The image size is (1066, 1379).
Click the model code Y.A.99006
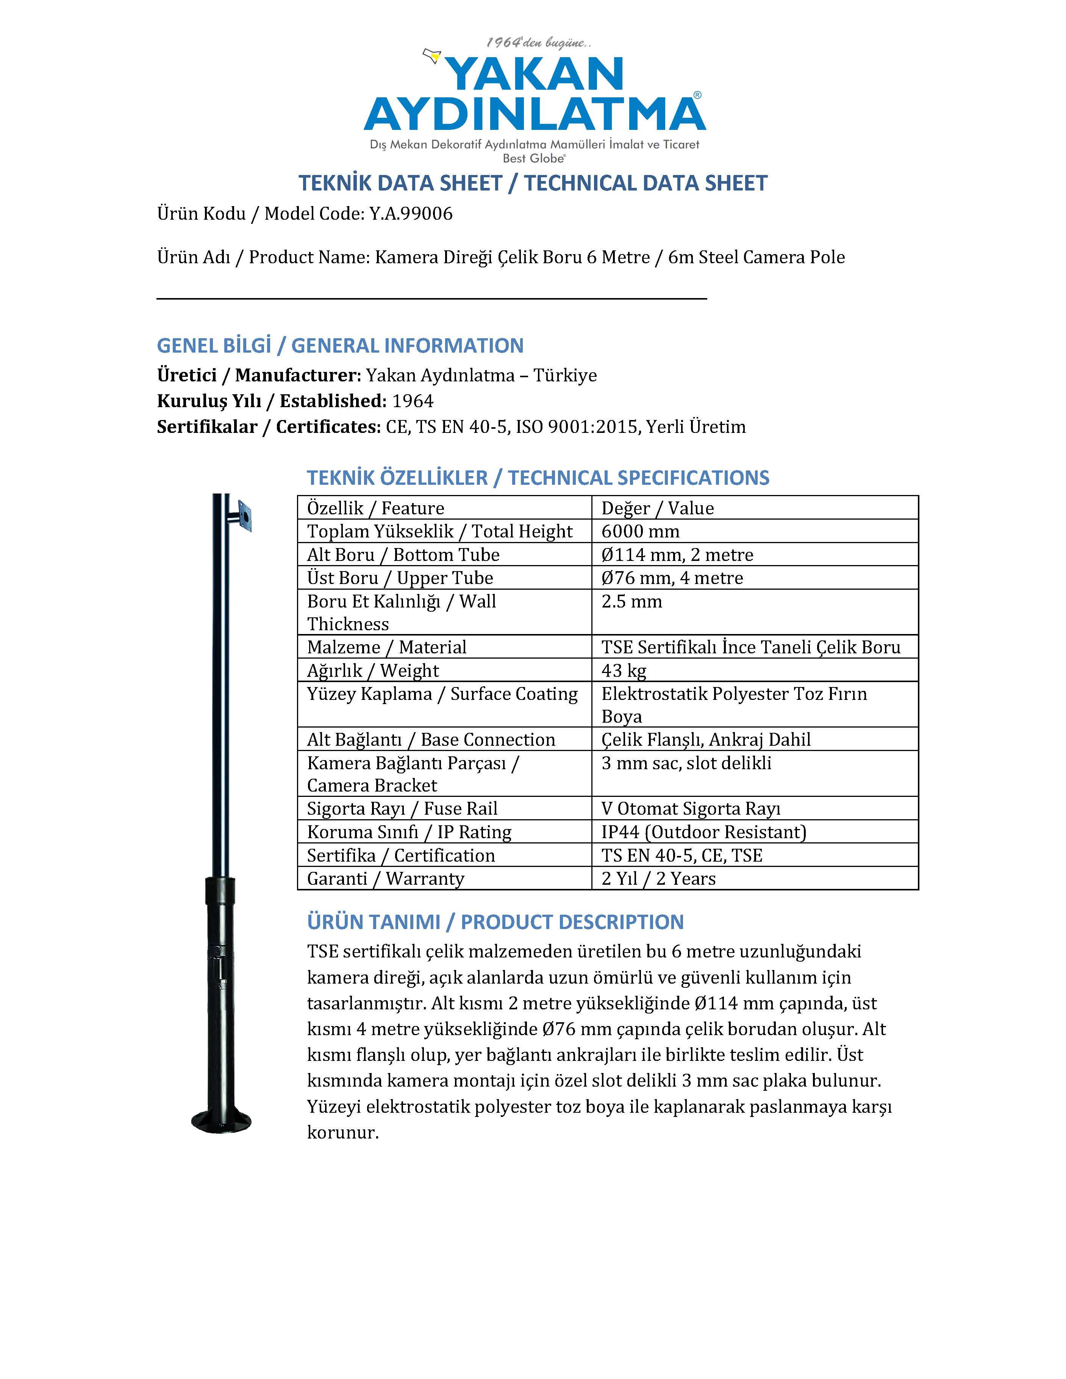pyautogui.click(x=411, y=213)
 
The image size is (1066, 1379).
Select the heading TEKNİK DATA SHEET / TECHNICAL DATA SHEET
pyautogui.click(x=533, y=183)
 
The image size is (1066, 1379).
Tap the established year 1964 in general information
pyautogui.click(x=413, y=401)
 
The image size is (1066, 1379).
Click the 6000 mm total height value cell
pyautogui.click(x=640, y=531)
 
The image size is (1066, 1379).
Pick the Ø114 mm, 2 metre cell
pyautogui.click(x=677, y=554)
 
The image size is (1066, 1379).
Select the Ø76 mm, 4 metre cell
pyautogui.click(x=672, y=578)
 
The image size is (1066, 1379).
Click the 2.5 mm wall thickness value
pyautogui.click(x=631, y=601)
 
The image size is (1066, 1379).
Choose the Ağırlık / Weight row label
pyautogui.click(x=373, y=670)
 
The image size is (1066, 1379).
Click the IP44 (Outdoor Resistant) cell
pyautogui.click(x=703, y=832)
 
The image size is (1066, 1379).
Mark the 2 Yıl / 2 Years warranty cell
pyautogui.click(x=658, y=878)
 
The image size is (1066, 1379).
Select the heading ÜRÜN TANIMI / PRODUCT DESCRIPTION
pyautogui.click(x=495, y=922)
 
